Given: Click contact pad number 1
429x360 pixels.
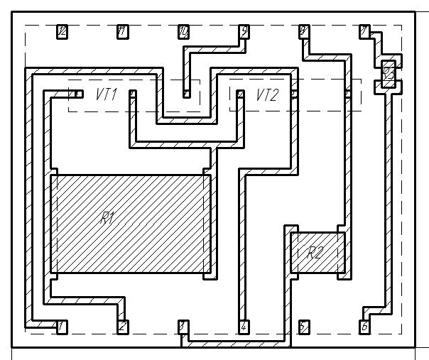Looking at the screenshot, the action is point(63,327).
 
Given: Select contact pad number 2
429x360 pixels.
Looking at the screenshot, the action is point(123,327).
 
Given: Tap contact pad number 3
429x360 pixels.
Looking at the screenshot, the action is point(183,327).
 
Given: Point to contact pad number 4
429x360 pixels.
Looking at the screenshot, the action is point(244,327).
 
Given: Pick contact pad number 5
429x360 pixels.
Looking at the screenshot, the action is point(304,327).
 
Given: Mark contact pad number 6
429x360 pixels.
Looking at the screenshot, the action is point(364,327).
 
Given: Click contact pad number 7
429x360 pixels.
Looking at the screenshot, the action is point(364,31).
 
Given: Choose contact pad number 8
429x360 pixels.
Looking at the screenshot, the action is point(304,31).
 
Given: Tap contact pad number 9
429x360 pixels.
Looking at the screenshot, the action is point(244,31).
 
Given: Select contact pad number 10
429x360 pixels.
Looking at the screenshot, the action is point(183,31).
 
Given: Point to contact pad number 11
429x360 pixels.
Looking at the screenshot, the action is point(123,31).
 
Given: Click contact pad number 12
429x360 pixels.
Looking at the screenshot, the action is point(63,31).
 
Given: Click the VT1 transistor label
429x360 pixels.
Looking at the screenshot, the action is point(106,94).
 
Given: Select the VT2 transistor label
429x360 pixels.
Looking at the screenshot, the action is point(268,94).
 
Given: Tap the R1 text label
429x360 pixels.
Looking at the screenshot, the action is point(107,218).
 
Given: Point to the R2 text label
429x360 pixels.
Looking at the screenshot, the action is point(315,252).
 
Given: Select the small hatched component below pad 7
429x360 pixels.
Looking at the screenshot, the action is point(389,74).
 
